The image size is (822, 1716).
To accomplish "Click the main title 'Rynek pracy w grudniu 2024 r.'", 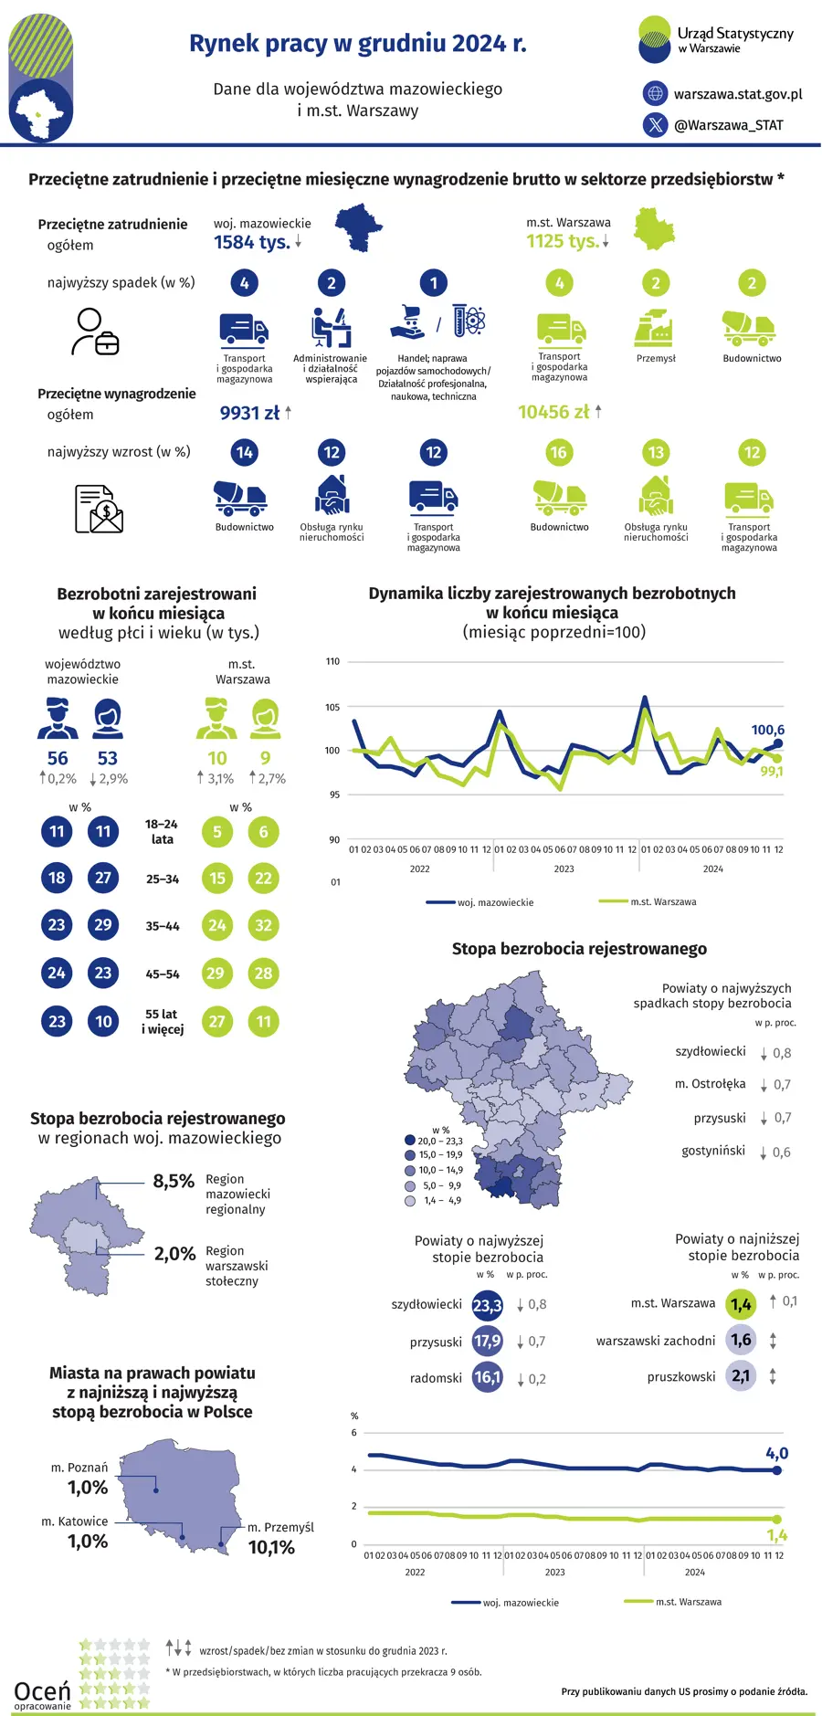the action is (x=357, y=43).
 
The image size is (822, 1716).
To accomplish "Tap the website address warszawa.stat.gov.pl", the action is (x=738, y=94).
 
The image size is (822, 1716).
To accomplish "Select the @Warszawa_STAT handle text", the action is (x=729, y=125).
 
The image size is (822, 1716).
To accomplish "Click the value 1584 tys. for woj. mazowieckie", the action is (x=252, y=242).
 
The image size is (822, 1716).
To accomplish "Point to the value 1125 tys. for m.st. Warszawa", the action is (x=564, y=241).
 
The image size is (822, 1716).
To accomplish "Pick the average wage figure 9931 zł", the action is (x=249, y=413).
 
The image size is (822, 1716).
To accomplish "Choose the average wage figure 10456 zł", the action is (x=553, y=412).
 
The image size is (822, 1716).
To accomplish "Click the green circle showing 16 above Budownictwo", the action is (x=558, y=452).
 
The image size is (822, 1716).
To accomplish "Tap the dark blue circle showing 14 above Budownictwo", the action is (x=244, y=452).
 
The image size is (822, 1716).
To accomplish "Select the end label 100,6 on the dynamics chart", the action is (x=768, y=730).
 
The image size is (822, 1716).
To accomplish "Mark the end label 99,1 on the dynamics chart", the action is (x=772, y=772).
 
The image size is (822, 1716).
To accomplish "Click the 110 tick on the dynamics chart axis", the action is (x=332, y=661).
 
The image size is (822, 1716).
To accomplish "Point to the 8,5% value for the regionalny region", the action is (x=174, y=1181).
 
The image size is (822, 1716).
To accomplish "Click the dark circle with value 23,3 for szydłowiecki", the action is (x=488, y=1305).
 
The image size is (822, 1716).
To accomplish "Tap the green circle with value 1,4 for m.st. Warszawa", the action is (x=741, y=1304).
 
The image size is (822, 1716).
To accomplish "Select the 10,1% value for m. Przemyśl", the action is (x=271, y=1547).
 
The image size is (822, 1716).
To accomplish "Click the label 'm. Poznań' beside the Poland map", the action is (x=79, y=1468).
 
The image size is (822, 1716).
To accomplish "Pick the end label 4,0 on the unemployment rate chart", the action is (x=777, y=1453).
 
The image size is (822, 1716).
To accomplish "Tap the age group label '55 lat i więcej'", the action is (x=163, y=1022).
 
